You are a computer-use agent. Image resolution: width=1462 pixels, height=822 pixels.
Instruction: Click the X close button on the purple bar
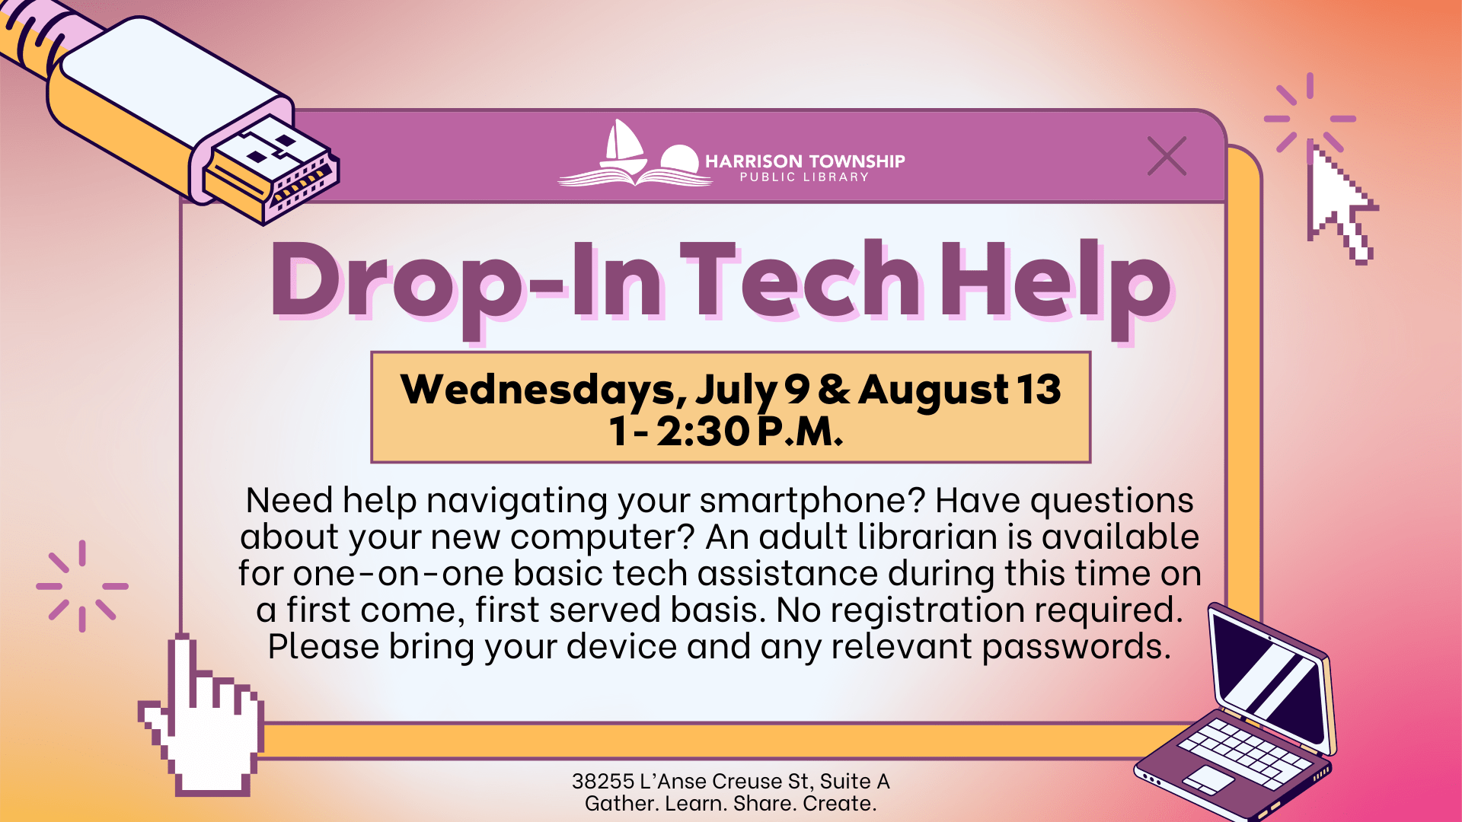[1167, 156]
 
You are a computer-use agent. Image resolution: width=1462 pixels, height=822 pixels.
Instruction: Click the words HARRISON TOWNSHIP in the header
[805, 161]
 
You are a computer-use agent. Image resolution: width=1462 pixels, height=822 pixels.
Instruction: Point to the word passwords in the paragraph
[1077, 648]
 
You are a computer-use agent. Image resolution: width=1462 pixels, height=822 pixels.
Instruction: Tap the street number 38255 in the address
[603, 782]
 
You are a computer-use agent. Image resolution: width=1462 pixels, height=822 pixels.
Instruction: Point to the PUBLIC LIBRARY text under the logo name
[804, 177]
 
